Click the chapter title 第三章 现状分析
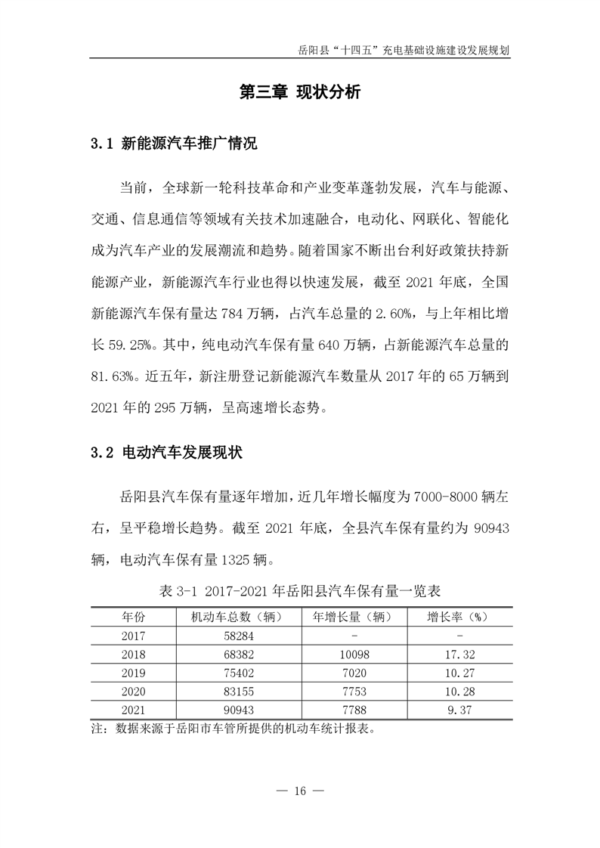tap(300, 93)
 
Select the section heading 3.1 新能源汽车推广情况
tap(174, 144)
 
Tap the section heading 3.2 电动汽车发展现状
tap(166, 453)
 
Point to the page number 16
tap(299, 791)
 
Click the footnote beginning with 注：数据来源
tap(233, 730)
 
